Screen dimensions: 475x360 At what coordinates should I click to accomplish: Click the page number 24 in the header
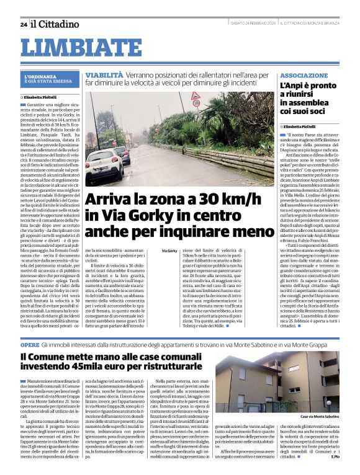click(23, 24)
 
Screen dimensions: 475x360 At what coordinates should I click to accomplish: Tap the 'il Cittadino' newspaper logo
click(55, 24)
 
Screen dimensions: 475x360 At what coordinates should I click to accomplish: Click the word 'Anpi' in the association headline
click(295, 86)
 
